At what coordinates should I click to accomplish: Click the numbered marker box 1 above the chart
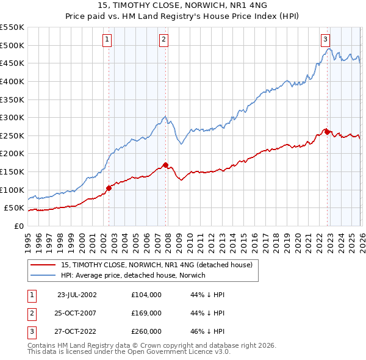coord(107,40)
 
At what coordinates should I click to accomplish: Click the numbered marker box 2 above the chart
coord(164,40)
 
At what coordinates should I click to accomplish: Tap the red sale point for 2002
coord(109,188)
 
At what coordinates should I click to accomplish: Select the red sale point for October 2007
coord(165,165)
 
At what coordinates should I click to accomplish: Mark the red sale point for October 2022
coord(327,132)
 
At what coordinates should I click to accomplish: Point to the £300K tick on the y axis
coord(12,117)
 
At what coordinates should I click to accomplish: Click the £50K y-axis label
coord(13,208)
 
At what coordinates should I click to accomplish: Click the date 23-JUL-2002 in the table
coord(77,294)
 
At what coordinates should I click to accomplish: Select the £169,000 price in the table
coord(146,313)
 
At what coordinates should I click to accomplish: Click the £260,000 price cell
coord(146,332)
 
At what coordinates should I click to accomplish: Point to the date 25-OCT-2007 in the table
coord(77,313)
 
